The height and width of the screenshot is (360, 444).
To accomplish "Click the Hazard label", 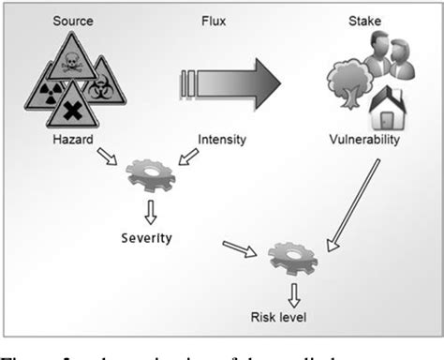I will tap(72, 141).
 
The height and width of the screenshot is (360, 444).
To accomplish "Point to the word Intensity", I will tap(222, 141).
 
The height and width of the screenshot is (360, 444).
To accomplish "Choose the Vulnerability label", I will tap(364, 141).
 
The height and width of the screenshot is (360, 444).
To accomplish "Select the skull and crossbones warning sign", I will tap(71, 64).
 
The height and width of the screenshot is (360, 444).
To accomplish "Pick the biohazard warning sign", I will tap(101, 90).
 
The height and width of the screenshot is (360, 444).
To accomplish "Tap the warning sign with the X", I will tap(72, 109).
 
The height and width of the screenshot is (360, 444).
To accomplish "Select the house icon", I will tap(387, 110).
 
